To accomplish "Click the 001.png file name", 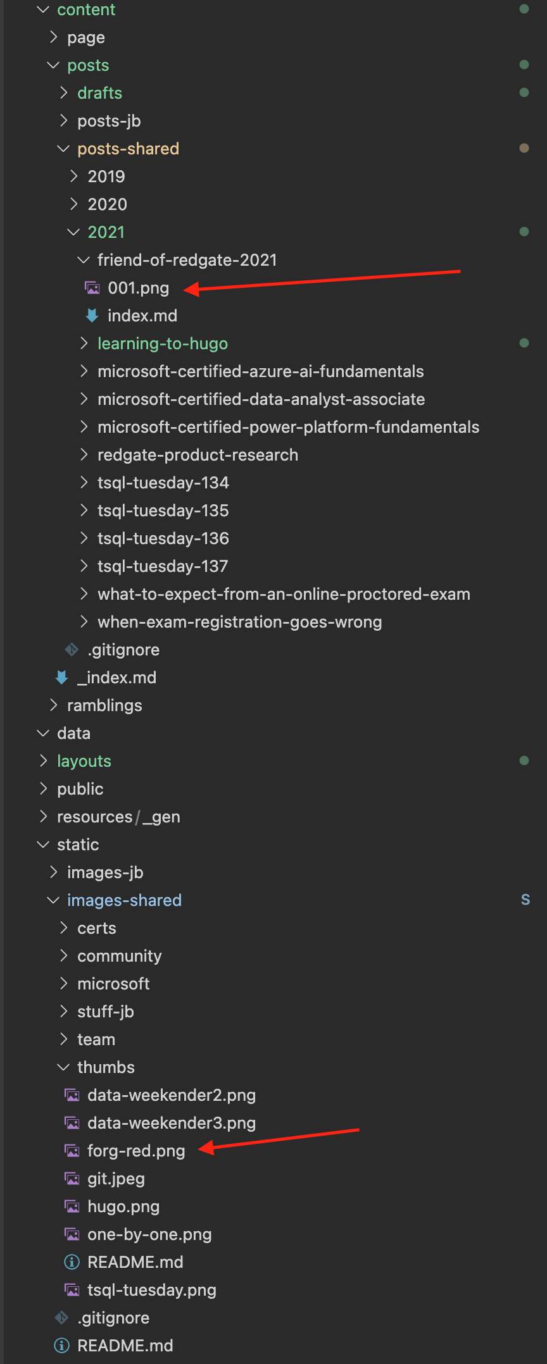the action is pyautogui.click(x=138, y=288).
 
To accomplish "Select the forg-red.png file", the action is pyautogui.click(x=136, y=1151).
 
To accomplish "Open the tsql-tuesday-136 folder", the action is pyautogui.click(x=163, y=538).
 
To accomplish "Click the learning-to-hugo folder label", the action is pyautogui.click(x=162, y=344).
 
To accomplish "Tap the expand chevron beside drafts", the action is pyautogui.click(x=63, y=93).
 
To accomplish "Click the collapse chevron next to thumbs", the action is pyautogui.click(x=63, y=1067).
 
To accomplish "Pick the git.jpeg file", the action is pyautogui.click(x=116, y=1179).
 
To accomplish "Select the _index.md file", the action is pyautogui.click(x=116, y=678).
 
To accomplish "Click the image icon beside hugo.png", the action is pyautogui.click(x=73, y=1206).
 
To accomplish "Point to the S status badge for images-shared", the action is pyautogui.click(x=525, y=900).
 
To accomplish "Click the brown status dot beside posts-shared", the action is pyautogui.click(x=524, y=148).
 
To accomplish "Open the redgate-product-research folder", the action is pyautogui.click(x=198, y=455).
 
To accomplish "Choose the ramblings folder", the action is pyautogui.click(x=104, y=705).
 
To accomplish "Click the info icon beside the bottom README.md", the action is pyautogui.click(x=61, y=1345).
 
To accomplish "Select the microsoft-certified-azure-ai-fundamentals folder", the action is pyautogui.click(x=260, y=371).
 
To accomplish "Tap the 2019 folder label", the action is pyautogui.click(x=106, y=177).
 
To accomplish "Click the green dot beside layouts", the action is pyautogui.click(x=524, y=760).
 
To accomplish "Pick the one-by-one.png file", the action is pyautogui.click(x=149, y=1234).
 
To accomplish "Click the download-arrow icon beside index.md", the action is pyautogui.click(x=92, y=316).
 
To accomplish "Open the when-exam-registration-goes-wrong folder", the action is pyautogui.click(x=239, y=622).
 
